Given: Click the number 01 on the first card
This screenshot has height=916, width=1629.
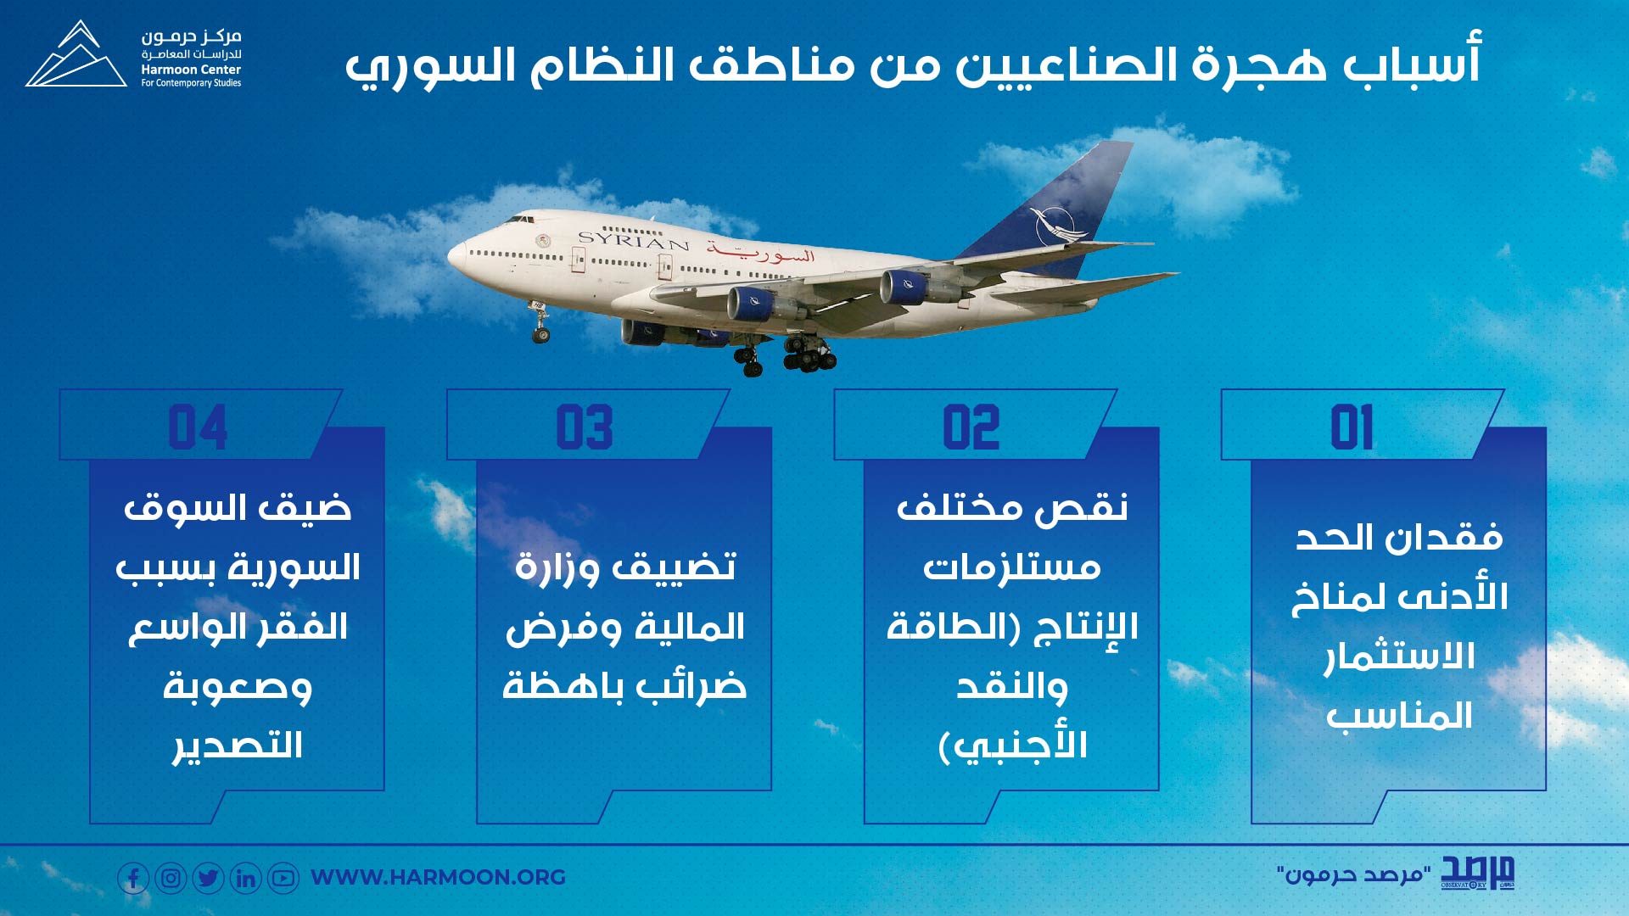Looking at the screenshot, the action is (1352, 427).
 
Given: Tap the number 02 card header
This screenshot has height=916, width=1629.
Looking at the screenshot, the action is (971, 427).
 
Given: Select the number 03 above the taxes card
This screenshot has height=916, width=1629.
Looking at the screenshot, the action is (585, 427).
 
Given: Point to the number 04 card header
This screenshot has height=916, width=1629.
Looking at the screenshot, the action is (198, 427).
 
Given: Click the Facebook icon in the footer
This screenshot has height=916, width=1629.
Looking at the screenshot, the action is (133, 878).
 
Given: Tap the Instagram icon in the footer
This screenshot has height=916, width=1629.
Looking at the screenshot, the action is (171, 878).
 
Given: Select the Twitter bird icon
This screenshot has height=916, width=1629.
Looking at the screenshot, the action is (208, 878).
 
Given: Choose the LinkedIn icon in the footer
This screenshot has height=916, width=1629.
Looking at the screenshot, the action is (246, 878).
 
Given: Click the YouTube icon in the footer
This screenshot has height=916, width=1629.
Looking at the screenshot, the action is (283, 878).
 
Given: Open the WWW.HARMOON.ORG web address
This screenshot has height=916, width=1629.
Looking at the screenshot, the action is (438, 877).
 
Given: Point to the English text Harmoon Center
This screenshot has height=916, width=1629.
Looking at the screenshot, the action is (191, 70).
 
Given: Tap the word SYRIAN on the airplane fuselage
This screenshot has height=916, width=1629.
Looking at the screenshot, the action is (633, 240).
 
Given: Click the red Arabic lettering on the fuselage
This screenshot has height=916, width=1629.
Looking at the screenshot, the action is (761, 251).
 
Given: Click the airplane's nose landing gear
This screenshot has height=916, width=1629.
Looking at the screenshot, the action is (540, 322).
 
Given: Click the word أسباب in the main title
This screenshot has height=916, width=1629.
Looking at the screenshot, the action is (1412, 61).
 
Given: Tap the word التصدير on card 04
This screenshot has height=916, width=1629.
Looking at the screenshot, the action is (238, 746).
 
